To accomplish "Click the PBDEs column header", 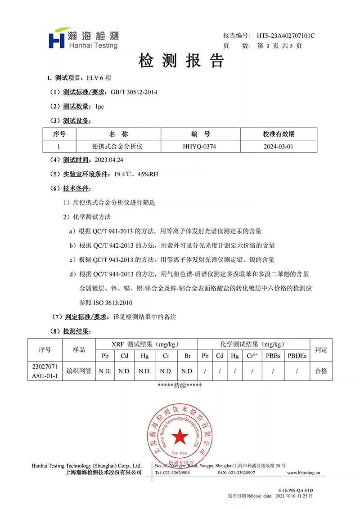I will click(297, 356).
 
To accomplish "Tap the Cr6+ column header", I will click(252, 356).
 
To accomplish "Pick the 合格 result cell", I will click(321, 371).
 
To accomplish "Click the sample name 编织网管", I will click(79, 371).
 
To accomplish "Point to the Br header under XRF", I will click(187, 356).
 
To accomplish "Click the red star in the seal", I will click(180, 435).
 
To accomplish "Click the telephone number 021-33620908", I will click(176, 473).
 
